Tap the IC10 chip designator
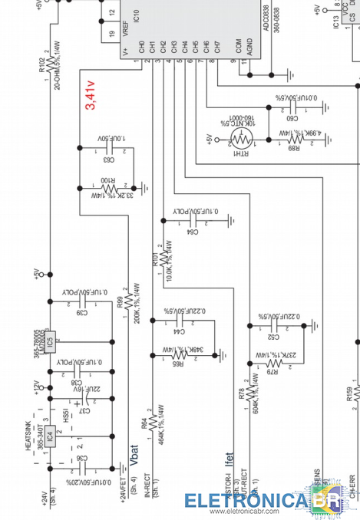135,15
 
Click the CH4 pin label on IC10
185,47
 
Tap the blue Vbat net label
134,455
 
